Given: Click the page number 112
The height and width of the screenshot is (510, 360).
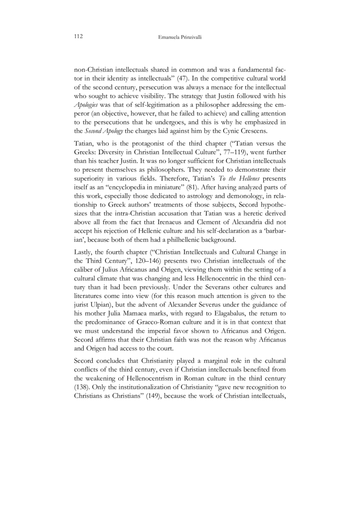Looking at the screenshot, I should [x=78, y=37].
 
